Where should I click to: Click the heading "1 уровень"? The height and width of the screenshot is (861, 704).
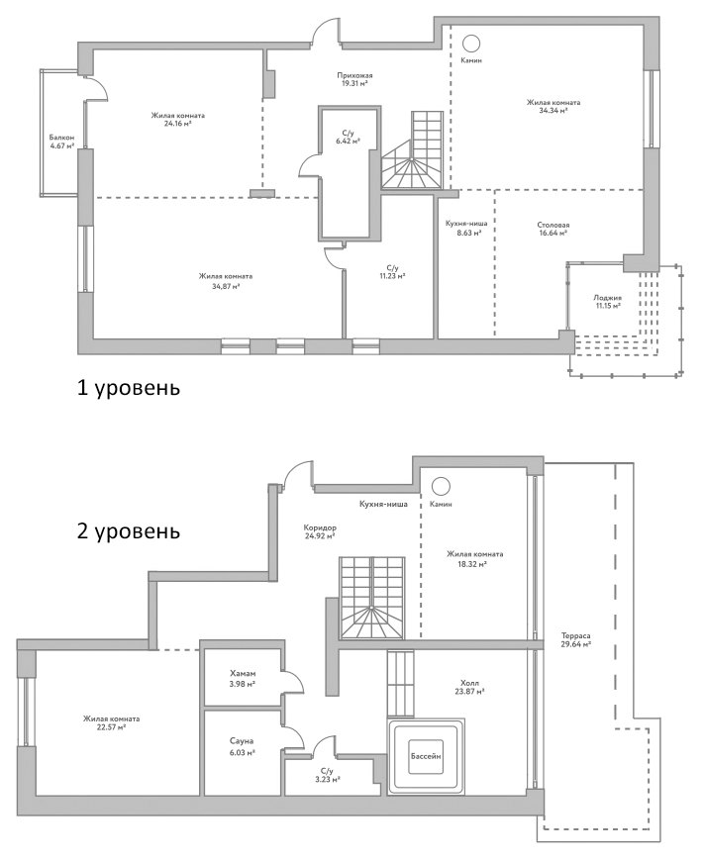click(129, 386)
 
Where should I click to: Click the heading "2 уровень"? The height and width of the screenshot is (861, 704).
click(129, 531)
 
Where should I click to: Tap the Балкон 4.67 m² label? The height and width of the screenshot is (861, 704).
click(61, 142)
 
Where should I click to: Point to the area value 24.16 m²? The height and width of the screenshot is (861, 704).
click(177, 125)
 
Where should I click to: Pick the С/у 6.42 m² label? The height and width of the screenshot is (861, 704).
click(348, 138)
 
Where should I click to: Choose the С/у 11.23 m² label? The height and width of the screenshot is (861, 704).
click(392, 272)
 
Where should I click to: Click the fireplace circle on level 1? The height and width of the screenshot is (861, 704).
click(471, 42)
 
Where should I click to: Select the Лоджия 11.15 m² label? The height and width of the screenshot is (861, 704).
click(607, 302)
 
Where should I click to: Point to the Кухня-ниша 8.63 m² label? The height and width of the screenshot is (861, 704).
click(462, 229)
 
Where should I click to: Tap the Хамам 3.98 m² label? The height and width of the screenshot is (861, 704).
click(243, 678)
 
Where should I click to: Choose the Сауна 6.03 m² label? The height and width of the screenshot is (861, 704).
click(243, 746)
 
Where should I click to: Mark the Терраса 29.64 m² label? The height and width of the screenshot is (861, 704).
click(575, 638)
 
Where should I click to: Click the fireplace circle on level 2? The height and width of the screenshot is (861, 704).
click(441, 485)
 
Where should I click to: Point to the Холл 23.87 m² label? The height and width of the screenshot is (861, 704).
click(469, 687)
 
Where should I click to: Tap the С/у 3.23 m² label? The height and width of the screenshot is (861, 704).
click(326, 775)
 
